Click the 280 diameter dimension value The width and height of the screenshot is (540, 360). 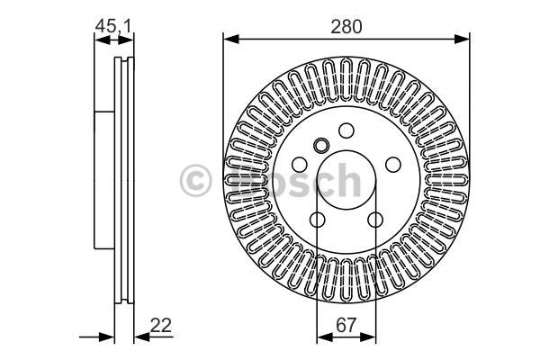pyautogui.click(x=346, y=27)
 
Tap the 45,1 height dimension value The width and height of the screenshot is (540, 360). pyautogui.click(x=113, y=26)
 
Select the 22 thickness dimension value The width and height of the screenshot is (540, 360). pyautogui.click(x=160, y=325)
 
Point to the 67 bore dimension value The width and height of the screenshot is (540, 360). pyautogui.click(x=346, y=325)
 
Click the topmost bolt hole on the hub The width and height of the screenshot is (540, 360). pyautogui.click(x=346, y=130)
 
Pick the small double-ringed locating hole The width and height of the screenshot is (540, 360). pyautogui.click(x=321, y=146)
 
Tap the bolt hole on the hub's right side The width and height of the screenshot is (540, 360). pyautogui.click(x=393, y=165)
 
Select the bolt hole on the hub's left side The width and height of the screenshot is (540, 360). pyautogui.click(x=300, y=165)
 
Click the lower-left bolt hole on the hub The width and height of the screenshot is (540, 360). pyautogui.click(x=317, y=220)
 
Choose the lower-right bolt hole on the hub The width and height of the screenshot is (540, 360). pyautogui.click(x=375, y=220)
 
